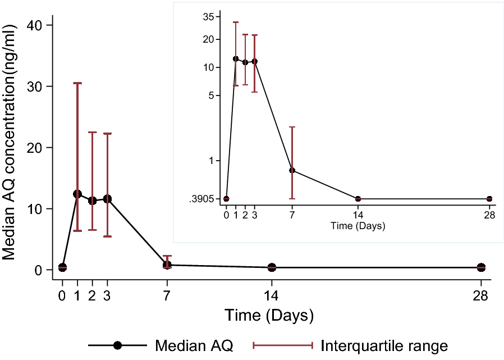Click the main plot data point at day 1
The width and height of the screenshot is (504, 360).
coord(77,194)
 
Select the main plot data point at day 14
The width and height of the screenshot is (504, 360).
coord(272,267)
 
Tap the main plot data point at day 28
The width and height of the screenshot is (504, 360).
coord(481,267)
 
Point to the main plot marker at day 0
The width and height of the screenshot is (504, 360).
coord(62,267)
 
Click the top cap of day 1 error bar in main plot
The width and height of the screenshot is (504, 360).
coord(77,83)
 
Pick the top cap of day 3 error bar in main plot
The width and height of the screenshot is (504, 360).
coord(107,134)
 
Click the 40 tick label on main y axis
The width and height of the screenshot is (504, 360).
coord(35,25)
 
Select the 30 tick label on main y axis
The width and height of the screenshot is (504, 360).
coord(35,86)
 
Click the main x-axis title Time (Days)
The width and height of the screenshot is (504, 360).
coord(269,315)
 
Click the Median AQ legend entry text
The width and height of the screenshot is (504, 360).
coord(194,345)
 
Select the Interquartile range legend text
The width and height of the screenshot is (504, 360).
coord(384,345)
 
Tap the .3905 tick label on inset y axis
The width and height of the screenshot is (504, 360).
coord(203,199)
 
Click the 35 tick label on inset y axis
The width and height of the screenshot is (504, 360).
coord(208,17)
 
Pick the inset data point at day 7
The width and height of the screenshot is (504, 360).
coord(292,170)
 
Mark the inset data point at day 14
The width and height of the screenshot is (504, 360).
coord(358,199)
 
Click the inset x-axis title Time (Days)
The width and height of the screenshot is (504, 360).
coord(358,226)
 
